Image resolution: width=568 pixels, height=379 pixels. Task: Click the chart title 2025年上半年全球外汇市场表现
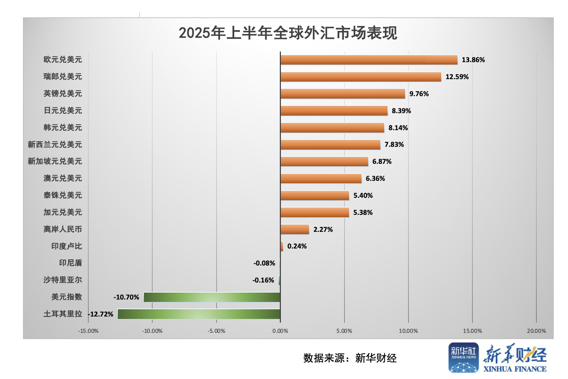288,33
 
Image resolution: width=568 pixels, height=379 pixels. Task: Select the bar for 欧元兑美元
369,60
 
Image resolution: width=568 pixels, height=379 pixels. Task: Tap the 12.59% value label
457,77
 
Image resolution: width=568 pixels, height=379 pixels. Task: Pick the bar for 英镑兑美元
343,94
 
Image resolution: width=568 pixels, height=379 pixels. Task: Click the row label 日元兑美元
63,111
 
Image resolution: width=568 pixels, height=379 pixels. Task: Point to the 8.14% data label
398,128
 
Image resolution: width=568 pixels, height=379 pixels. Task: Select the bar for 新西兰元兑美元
330,145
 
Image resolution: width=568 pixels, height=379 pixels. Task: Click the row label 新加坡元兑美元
55,161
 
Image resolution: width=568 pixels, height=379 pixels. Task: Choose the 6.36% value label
375,178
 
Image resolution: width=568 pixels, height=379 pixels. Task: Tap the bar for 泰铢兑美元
315,195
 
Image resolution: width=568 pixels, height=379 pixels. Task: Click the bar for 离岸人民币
295,229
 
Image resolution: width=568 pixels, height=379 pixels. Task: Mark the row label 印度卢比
67,246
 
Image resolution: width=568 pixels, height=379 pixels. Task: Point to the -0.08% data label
264,263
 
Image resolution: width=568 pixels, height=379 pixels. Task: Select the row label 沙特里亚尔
63,280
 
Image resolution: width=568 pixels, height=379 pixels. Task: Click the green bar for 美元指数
212,297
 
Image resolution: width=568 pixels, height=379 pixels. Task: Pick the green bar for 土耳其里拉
199,314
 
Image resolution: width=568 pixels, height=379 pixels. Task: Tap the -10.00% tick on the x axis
152,331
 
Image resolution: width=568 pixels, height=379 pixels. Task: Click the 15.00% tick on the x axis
472,331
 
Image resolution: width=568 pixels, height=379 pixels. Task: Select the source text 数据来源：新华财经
350,358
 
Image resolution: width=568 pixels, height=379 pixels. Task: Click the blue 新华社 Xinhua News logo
463,358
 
